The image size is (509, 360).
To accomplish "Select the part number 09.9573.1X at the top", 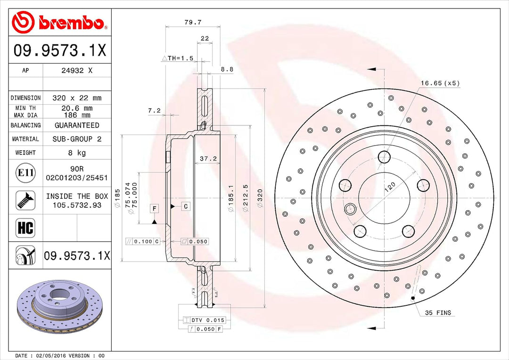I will [60, 50].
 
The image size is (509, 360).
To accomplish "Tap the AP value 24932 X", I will [77, 71].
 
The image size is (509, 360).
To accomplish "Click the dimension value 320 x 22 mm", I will [77, 98].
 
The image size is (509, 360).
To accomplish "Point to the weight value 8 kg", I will [77, 153].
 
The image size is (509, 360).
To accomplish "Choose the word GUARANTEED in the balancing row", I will [77, 125].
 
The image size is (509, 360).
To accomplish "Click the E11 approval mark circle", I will [25, 173].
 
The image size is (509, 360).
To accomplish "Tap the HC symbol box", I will [25, 229].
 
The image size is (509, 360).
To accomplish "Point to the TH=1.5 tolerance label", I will [178, 58].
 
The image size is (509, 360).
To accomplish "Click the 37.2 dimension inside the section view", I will [208, 159].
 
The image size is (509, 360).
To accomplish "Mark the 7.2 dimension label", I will [154, 111].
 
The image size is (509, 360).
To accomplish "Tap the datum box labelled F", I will [154, 208].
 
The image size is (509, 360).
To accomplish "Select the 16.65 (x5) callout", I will [440, 83].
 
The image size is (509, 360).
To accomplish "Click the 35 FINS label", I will [438, 312].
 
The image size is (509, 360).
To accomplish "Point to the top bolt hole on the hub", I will [385, 156].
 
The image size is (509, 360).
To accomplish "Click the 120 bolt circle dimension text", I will [390, 188].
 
